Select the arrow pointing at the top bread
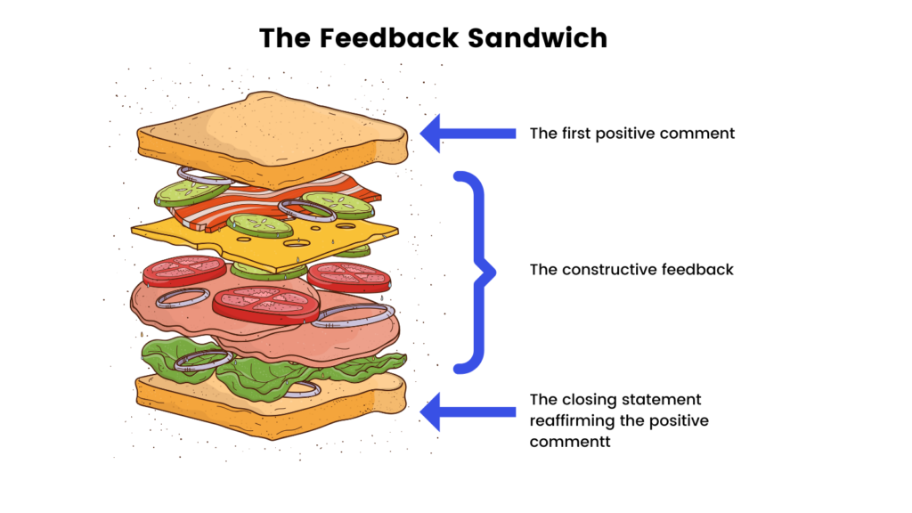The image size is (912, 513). [x=467, y=134]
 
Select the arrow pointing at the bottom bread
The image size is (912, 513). [x=467, y=411]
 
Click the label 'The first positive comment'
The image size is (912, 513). [x=631, y=134]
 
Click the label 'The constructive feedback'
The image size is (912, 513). [x=631, y=269]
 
